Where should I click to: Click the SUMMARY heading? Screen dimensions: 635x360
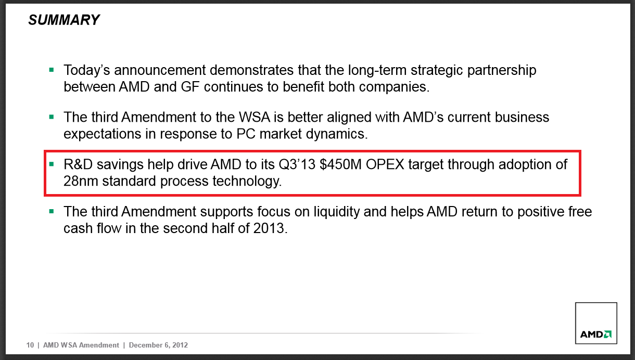coord(64,20)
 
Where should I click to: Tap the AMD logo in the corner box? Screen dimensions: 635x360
coord(596,334)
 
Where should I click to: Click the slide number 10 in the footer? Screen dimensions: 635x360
coord(30,345)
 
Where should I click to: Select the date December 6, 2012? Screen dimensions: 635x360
coord(158,345)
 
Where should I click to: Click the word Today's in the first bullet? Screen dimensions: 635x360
coord(86,70)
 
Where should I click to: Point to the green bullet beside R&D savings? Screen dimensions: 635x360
coord(52,164)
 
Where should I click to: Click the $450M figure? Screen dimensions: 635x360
coord(340,164)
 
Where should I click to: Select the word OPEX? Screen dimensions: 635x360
coord(385,164)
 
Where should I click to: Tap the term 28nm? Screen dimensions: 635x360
coord(81,181)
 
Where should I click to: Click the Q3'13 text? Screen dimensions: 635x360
coord(297,164)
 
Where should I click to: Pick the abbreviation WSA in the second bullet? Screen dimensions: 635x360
coord(255,117)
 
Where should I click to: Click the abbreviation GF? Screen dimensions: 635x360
coord(190,87)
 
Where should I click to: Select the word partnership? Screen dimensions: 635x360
coord(502,71)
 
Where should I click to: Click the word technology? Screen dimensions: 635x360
coord(247,182)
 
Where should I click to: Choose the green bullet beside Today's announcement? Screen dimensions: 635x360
coord(52,70)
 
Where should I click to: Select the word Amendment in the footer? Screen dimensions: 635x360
coord(99,345)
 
